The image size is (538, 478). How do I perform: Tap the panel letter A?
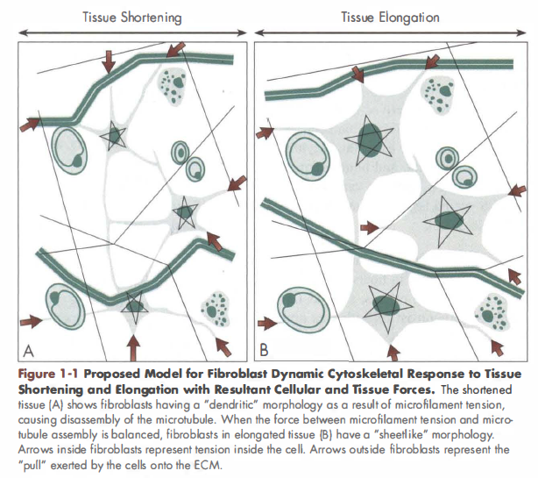(28, 352)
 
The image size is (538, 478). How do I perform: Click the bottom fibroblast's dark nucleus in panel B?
(384, 305)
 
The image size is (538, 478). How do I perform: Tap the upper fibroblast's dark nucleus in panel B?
(374, 137)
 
